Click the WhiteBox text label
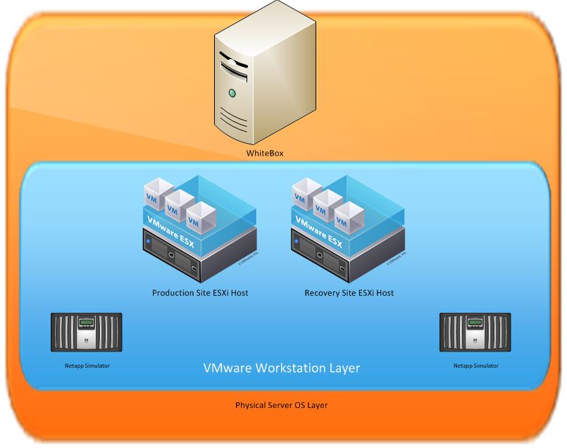pos(264,153)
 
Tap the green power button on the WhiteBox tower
pos(232,93)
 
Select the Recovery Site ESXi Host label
pos(349,292)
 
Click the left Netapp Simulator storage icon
pos(87,332)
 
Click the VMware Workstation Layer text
pos(282,367)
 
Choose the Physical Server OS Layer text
pos(282,406)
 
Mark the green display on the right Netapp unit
pos(474,323)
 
